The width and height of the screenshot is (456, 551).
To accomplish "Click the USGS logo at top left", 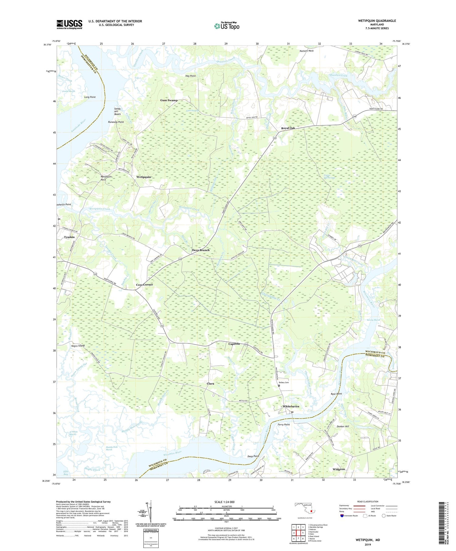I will pos(69,24).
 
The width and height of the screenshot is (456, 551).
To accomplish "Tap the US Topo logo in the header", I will pos(226,26).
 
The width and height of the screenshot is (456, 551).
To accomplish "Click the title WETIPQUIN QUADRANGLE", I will pos(377,21).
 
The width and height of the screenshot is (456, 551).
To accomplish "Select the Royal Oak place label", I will pos(288,128).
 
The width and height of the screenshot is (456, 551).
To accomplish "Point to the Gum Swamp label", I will pos(169,100).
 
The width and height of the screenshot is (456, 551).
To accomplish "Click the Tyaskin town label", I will pos(69,237).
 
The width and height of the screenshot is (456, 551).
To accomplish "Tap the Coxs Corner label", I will pos(144,285).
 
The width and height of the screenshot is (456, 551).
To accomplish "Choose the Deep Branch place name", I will pos(201,250).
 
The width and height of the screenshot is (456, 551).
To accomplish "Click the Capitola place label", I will pos(234,344).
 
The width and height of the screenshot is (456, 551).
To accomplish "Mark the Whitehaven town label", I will pos(291,406).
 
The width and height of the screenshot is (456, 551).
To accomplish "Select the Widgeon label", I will pos(338,469).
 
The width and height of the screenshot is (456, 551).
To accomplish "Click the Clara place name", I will pos(210,384).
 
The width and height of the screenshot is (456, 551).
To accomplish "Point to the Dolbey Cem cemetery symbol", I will pos(279,386).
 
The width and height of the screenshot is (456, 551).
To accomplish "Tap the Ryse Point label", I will pos(337,394).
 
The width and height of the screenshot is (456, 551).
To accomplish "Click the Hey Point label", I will pos(191,76).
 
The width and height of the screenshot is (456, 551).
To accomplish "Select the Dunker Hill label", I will pos(343,426).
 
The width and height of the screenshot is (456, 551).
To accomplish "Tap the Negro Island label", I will pos(78,346).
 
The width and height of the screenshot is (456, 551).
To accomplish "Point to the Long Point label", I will pos(90,97).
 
